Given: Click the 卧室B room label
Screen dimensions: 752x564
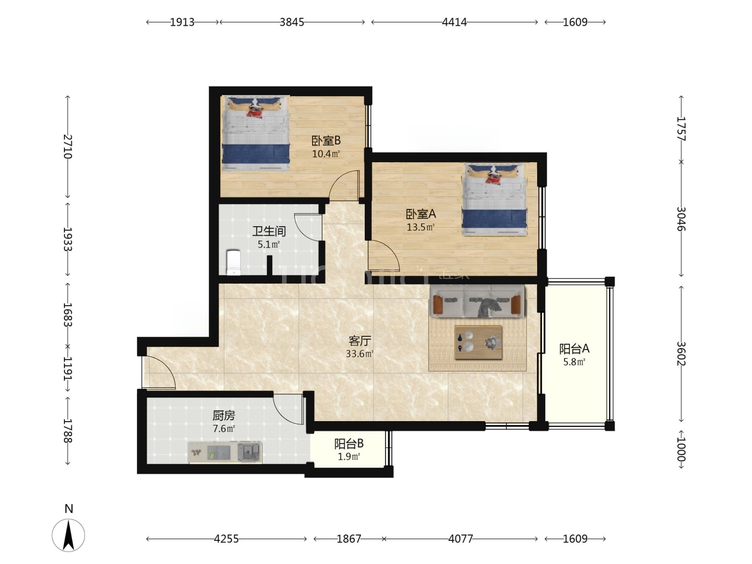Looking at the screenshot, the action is [x=326, y=140].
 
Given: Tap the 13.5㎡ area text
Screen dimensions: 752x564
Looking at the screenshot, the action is [x=421, y=227].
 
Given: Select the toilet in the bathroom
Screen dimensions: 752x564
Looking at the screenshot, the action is [x=234, y=262].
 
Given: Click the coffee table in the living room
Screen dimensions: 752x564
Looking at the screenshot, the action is [x=478, y=343].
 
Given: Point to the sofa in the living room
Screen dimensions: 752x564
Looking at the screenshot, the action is [x=478, y=301].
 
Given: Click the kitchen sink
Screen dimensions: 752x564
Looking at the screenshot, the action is [x=249, y=452].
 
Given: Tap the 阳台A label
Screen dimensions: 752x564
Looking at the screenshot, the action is [x=574, y=349].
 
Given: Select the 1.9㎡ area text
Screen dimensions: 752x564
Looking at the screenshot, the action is [x=349, y=457].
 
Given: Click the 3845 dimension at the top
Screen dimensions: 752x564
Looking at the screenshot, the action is [x=292, y=22].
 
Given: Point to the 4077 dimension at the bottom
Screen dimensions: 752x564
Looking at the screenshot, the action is [x=460, y=539].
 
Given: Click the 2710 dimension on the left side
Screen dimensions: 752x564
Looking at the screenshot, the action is [x=68, y=147].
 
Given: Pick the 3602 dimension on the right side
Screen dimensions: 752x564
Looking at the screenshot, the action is [x=681, y=354].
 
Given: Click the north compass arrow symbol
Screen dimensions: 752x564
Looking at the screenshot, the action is [x=69, y=535].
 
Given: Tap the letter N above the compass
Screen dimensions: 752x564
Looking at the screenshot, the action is [x=69, y=509].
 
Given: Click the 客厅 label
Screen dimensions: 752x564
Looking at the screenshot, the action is [x=360, y=341].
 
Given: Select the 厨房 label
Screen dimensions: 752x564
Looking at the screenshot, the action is [x=223, y=415].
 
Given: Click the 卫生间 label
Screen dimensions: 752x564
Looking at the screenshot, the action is [x=269, y=231].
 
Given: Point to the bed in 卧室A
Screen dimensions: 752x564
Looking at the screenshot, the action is [x=494, y=199].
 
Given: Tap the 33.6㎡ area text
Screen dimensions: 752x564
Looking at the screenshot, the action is [x=359, y=353].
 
